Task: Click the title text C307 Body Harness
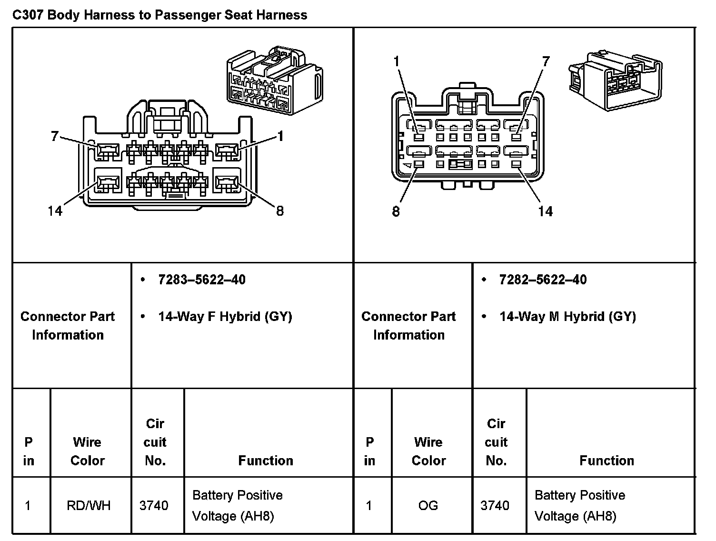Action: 159,15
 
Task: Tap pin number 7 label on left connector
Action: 54,137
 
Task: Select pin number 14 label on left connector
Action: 55,210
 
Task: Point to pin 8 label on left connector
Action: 280,210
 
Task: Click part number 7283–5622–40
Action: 202,280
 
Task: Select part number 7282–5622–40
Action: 543,280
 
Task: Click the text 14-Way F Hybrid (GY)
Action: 225,316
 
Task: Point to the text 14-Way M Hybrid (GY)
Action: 567,316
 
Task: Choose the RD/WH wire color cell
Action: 89,505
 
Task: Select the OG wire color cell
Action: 428,505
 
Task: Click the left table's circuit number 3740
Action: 154,505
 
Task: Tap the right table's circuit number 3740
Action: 495,505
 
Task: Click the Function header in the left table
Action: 266,461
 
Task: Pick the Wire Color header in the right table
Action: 428,451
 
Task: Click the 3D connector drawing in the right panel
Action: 614,80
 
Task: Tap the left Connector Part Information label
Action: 68,325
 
